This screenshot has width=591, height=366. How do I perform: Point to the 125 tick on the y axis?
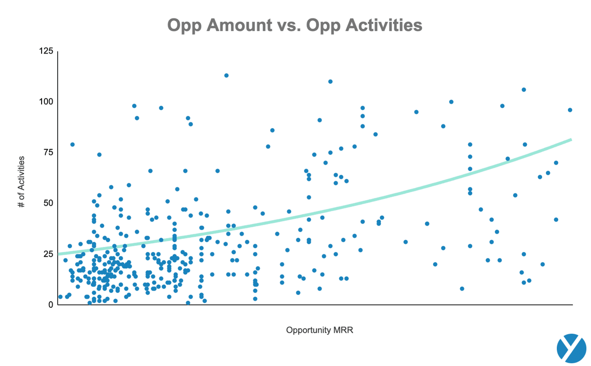pyautogui.click(x=47, y=51)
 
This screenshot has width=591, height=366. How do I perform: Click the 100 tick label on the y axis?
pyautogui.click(x=47, y=102)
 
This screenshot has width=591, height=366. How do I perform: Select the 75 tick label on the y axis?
pyautogui.click(x=48, y=152)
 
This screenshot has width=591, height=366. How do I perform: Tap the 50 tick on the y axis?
pyautogui.click(x=48, y=203)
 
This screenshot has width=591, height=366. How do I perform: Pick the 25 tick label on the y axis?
pyautogui.click(x=48, y=254)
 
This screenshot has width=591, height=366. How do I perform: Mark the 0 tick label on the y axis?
pyautogui.click(x=51, y=305)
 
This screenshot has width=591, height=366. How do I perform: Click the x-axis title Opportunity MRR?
pyautogui.click(x=320, y=330)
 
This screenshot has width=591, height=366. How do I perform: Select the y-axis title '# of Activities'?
pyautogui.click(x=22, y=182)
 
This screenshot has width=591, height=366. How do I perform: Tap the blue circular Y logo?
pyautogui.click(x=571, y=348)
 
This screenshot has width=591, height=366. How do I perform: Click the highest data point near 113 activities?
pyautogui.click(x=226, y=75)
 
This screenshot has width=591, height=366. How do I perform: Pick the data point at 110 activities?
pyautogui.click(x=330, y=81)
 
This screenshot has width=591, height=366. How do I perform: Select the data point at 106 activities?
pyautogui.click(x=524, y=90)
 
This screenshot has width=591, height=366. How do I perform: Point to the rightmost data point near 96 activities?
pyautogui.click(x=570, y=110)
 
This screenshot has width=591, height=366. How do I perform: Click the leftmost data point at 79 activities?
pyautogui.click(x=72, y=145)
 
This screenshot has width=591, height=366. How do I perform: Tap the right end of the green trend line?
pyautogui.click(x=571, y=139)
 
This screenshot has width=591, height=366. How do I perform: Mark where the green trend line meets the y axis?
pyautogui.click(x=58, y=254)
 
